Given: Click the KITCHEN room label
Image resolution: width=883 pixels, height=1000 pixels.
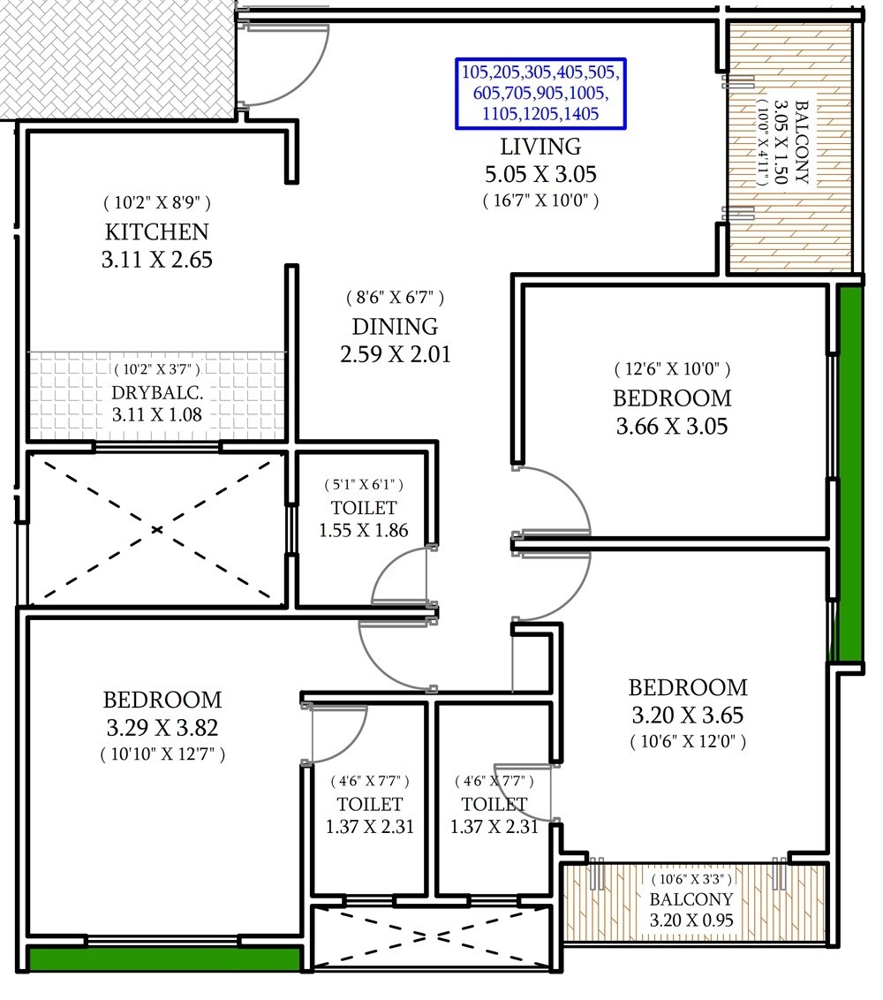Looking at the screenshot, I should (x=157, y=232).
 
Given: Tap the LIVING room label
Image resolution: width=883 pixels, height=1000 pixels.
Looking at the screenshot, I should (x=540, y=147).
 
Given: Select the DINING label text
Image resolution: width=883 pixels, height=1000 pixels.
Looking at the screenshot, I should (x=394, y=326).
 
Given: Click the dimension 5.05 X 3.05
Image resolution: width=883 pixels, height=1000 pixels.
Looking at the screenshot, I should (x=540, y=174).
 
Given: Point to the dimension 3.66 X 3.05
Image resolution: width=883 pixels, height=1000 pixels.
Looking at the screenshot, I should (x=672, y=427).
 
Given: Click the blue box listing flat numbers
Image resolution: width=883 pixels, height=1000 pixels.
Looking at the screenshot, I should (x=540, y=92).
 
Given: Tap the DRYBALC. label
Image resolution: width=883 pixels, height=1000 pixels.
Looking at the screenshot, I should (x=157, y=392).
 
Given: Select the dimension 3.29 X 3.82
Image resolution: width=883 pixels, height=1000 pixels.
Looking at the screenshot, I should (x=162, y=728).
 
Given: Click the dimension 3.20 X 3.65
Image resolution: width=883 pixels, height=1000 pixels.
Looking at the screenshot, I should (x=688, y=715).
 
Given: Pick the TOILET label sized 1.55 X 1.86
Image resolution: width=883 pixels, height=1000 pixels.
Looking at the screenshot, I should (x=364, y=508).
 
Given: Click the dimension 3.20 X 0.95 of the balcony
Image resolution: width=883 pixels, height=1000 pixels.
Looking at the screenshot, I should (x=691, y=920).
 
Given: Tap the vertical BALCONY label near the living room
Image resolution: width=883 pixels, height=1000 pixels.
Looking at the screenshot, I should (x=802, y=141).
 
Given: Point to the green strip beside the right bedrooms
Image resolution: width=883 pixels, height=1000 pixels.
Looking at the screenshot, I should (x=849, y=473).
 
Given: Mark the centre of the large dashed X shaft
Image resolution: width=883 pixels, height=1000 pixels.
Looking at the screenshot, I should (x=157, y=530).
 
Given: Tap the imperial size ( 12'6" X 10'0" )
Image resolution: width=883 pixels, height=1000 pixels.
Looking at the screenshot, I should (x=672, y=369).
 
